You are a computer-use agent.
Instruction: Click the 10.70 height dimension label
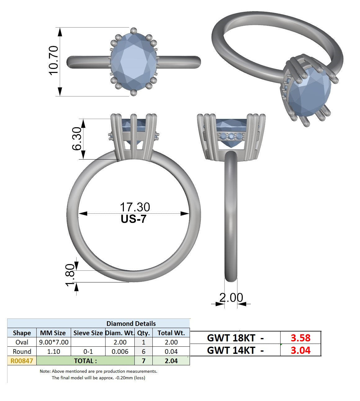click(53, 61)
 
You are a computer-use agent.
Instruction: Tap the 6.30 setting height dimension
click(77, 139)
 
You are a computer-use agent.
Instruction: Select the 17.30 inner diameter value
click(135, 207)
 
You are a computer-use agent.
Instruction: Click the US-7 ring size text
click(133, 219)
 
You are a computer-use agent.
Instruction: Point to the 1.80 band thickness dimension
click(70, 275)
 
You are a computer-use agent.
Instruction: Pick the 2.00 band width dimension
click(231, 297)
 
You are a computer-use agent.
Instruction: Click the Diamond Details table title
click(131, 324)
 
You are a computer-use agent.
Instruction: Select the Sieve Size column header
click(88, 333)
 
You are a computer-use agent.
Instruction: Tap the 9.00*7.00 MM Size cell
click(54, 342)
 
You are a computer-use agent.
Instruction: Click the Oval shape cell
click(22, 342)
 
